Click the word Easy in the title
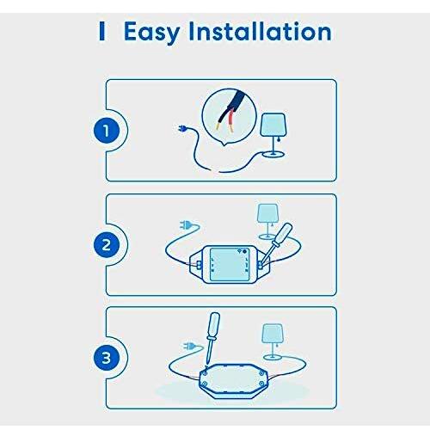click(x=152, y=33)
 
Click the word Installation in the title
click(x=261, y=31)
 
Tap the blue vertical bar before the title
click(x=101, y=31)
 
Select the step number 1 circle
click(x=107, y=131)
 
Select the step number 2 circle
click(x=107, y=245)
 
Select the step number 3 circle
click(x=107, y=358)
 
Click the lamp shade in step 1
click(x=273, y=125)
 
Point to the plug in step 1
click(x=182, y=129)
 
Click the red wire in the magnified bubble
click(x=230, y=121)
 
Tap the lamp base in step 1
click(x=273, y=155)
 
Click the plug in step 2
click(x=186, y=224)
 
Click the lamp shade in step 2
click(x=267, y=213)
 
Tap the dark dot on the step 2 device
click(x=244, y=251)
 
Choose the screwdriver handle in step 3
click(x=214, y=325)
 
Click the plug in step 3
click(x=189, y=346)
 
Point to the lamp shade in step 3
click(x=273, y=334)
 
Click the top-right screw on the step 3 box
click(x=261, y=372)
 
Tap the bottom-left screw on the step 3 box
click(x=204, y=384)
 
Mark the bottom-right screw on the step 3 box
click(x=261, y=384)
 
